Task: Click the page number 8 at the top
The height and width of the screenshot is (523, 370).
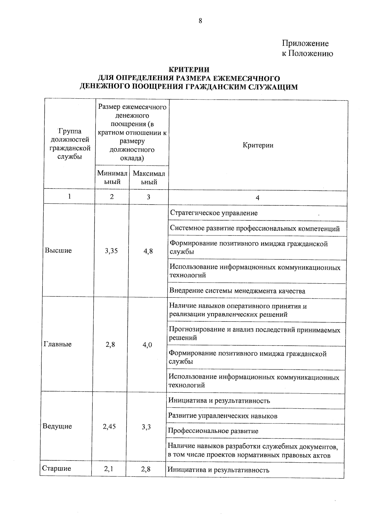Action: [200, 21]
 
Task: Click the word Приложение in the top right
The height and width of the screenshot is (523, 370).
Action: [305, 43]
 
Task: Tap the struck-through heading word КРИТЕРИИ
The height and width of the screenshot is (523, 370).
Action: [189, 70]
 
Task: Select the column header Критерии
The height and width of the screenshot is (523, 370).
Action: [258, 145]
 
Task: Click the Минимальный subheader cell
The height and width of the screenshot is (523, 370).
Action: [112, 178]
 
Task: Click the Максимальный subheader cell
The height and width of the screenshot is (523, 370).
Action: [149, 178]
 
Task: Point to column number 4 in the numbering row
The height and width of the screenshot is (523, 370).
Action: [257, 198]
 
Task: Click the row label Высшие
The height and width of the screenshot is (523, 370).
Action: [58, 251]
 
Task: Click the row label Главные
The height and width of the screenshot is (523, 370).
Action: [57, 344]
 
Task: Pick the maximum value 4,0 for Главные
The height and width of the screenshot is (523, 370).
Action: [147, 345]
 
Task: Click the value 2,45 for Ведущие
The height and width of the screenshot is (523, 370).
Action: [109, 427]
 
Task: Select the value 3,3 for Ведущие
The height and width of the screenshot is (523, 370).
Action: [146, 427]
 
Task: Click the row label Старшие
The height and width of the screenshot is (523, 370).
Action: [56, 469]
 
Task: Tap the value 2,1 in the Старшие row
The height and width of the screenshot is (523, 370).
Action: [109, 469]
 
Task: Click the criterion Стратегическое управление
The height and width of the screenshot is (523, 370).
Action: [214, 213]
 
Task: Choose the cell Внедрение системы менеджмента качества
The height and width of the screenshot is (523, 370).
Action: [237, 291]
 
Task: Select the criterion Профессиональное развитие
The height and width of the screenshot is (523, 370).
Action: [213, 431]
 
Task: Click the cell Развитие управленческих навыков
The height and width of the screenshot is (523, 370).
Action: [223, 416]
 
